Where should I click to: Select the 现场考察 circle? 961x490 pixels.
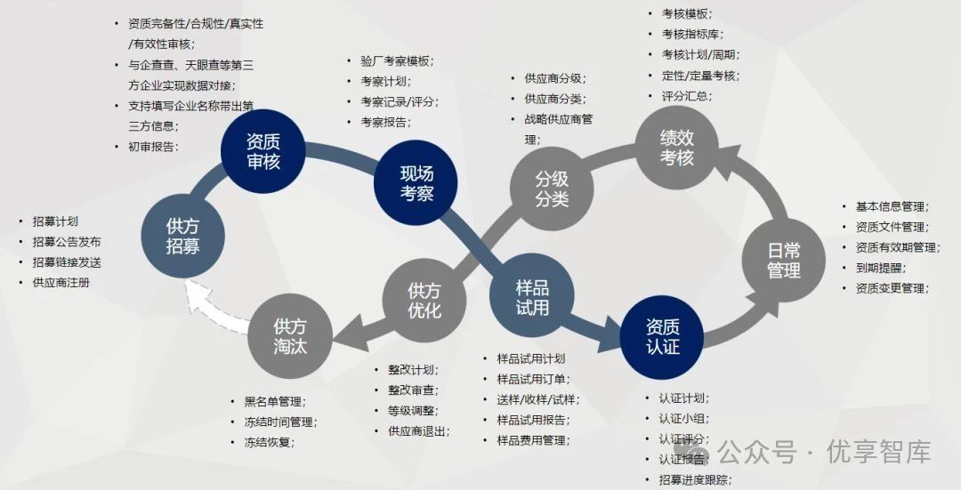(x=416, y=182)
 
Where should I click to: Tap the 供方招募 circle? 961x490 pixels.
(x=182, y=236)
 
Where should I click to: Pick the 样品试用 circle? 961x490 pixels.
(x=532, y=297)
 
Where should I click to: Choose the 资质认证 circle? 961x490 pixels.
(x=663, y=336)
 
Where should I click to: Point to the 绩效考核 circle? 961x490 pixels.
(x=677, y=148)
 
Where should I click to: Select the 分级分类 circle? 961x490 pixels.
(x=552, y=188)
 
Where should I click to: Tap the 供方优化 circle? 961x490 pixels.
(x=424, y=300)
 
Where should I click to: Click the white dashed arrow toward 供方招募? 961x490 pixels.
(x=214, y=311)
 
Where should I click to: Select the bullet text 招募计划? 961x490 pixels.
(x=55, y=221)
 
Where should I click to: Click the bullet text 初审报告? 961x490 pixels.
(x=152, y=147)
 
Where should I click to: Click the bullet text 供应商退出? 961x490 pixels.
(x=418, y=431)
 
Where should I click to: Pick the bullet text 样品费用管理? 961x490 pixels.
(x=532, y=440)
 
